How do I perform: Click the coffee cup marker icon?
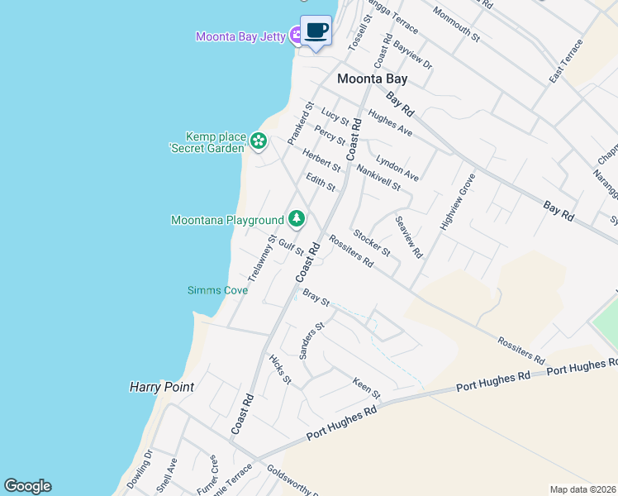315,31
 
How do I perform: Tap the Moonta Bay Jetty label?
240,36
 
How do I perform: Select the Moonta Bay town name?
372,79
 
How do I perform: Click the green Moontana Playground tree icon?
296,219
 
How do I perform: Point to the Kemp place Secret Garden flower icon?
259,141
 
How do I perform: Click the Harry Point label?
162,386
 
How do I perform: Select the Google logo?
27,486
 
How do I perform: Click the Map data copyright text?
582,489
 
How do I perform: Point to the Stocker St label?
371,242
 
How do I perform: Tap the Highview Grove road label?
458,202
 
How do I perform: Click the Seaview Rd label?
408,236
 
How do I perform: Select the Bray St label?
316,298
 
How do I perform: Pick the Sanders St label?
312,341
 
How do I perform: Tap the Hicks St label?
281,369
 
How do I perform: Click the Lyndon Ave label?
397,168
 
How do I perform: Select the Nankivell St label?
378,176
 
